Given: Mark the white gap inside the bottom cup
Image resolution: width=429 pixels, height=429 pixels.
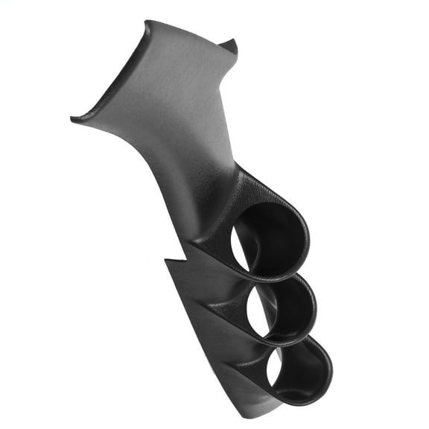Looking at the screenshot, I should point(273,369).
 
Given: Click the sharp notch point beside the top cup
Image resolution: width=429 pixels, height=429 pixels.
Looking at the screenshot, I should point(165,260).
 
